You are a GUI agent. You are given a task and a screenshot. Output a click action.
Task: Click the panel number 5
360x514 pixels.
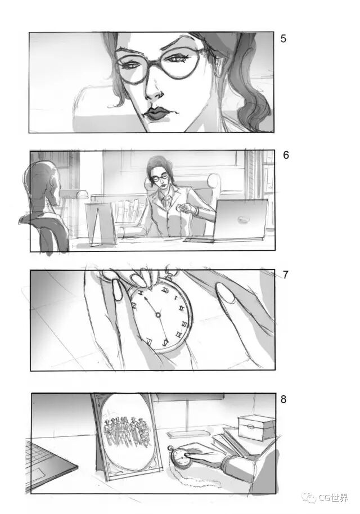[x=283, y=39]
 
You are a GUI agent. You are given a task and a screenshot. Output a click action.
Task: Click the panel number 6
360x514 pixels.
[x=286, y=155]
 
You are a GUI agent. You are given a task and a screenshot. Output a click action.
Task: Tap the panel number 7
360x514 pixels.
[x=286, y=274]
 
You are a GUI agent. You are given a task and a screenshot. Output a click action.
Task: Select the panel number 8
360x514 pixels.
[x=283, y=399]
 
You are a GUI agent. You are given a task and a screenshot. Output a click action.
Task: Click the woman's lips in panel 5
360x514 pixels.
[x=157, y=114]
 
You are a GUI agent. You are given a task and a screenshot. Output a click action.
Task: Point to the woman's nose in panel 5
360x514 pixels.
[x=154, y=91]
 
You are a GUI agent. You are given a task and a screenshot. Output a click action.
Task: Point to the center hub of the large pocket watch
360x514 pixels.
[x=158, y=315]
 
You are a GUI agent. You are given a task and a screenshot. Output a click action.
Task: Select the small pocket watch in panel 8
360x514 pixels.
[x=181, y=456]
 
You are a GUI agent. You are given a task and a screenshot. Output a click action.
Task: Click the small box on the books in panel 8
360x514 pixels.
[x=256, y=427]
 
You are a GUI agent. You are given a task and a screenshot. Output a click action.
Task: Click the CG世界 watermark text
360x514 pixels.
[x=333, y=498]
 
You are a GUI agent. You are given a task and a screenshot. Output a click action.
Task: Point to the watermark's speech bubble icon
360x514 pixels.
[x=309, y=498]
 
